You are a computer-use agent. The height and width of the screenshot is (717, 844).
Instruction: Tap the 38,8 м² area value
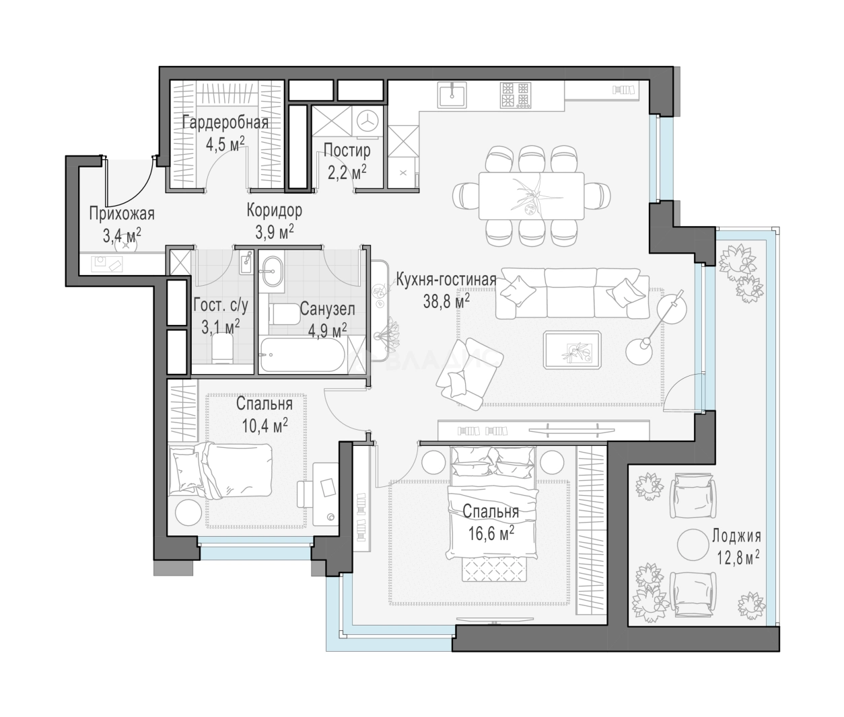(x=446, y=302)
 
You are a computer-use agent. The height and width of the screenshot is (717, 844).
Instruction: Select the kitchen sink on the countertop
(x=452, y=95)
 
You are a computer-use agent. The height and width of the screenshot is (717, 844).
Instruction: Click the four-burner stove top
(x=516, y=95)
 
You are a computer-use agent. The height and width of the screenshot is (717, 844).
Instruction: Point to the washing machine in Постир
(x=368, y=121)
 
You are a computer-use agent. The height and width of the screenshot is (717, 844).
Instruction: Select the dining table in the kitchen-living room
(x=531, y=196)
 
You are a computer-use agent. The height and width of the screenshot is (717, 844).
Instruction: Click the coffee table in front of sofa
(x=572, y=350)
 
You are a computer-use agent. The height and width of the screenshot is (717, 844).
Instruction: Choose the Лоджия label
(x=736, y=535)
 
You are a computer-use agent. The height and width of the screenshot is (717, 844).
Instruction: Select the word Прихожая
(x=122, y=213)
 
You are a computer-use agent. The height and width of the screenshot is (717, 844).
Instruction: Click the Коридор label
(x=274, y=210)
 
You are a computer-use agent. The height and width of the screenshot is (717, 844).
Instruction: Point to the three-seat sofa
(x=572, y=293)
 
